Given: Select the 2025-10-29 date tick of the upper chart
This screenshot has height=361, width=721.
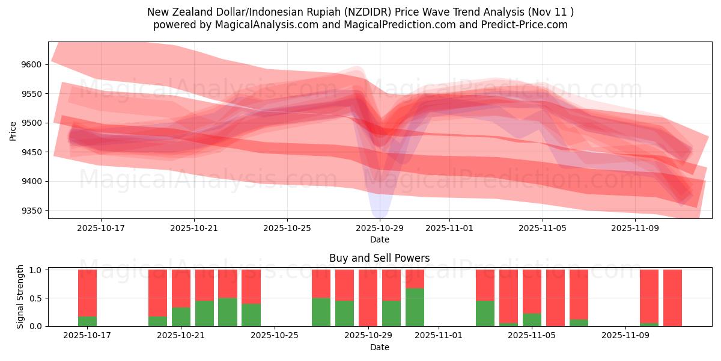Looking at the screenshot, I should (380, 229).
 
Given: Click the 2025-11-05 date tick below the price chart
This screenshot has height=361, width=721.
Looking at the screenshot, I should (543, 229).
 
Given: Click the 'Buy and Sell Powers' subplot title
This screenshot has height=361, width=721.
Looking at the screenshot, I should (379, 258).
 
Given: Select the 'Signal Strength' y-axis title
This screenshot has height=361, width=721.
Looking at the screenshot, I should (20, 296).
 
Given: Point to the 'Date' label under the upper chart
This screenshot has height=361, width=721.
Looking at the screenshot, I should (379, 239).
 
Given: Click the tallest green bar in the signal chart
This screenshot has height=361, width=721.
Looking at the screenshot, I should (415, 307).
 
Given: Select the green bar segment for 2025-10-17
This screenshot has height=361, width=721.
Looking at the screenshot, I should (87, 321).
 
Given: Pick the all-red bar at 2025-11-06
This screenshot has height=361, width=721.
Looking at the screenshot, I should (555, 298).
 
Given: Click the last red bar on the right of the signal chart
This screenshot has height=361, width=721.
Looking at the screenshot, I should (672, 298).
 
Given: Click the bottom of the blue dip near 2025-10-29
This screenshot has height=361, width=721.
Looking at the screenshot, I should (380, 215).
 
